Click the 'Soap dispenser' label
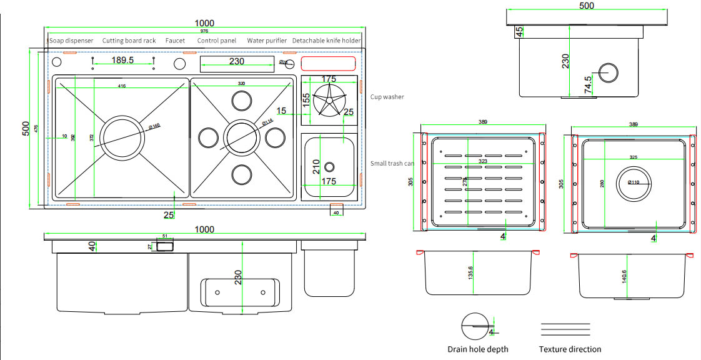pyautogui.click(x=71, y=41)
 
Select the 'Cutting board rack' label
pyautogui.click(x=129, y=41)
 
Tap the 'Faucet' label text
pyautogui.click(x=175, y=41)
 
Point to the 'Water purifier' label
pyautogui.click(x=267, y=41)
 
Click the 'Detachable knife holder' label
pyautogui.click(x=327, y=41)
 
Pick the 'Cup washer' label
pyautogui.click(x=387, y=97)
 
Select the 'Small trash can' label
pyautogui.click(x=392, y=163)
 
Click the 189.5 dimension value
pyautogui.click(x=122, y=60)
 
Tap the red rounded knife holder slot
pyautogui.click(x=329, y=63)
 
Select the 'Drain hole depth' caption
pyautogui.click(x=478, y=349)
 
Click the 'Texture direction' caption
pyautogui.click(x=570, y=349)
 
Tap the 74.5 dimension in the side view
pyautogui.click(x=588, y=84)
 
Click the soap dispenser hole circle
pyautogui.click(x=56, y=62)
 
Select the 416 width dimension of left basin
pyautogui.click(x=121, y=86)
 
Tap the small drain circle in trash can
pyautogui.click(x=329, y=167)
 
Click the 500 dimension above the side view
pyautogui.click(x=587, y=6)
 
